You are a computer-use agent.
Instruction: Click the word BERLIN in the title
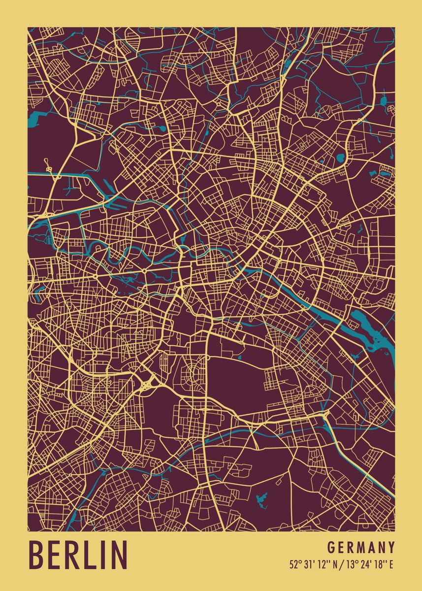coord(79,555)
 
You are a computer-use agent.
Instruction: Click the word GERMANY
coord(361,548)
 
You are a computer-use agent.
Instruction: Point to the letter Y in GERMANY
coord(391,548)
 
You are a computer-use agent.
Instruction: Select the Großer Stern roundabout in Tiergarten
coord(144,270)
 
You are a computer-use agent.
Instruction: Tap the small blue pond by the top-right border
coord(384,101)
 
